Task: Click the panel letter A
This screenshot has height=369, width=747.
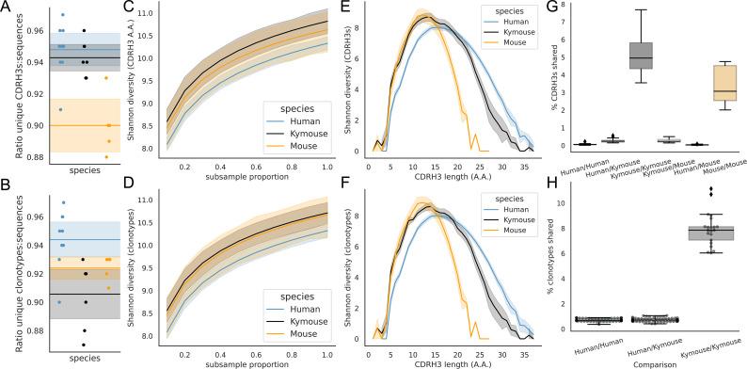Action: click(x=7, y=7)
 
